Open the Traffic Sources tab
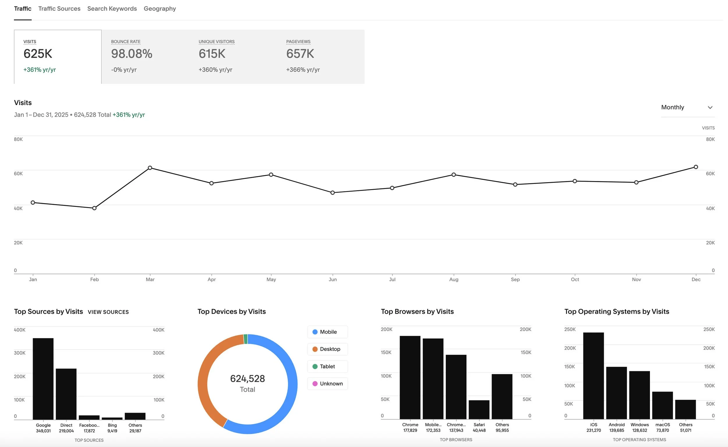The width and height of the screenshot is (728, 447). coord(59,8)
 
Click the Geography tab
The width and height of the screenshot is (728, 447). coord(160,8)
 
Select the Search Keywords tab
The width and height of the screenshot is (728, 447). coord(112,8)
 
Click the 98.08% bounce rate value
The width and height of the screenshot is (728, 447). coord(132,54)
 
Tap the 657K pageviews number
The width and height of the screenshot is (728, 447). coord(300,54)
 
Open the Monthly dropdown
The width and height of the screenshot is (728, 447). coord(687,107)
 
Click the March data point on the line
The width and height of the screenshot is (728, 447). coord(150,168)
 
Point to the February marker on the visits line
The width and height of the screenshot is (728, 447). coord(94,208)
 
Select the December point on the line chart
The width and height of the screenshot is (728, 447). coord(696,167)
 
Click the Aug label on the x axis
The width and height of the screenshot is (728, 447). coord(453,279)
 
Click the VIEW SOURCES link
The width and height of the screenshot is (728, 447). coord(108,312)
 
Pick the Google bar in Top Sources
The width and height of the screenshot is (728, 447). coord(43,378)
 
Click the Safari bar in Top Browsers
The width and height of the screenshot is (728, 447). coord(479,410)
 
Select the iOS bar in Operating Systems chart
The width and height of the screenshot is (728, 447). coord(593,375)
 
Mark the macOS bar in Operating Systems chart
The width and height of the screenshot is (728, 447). coord(662,405)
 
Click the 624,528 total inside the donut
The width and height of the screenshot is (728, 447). coord(247,379)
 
